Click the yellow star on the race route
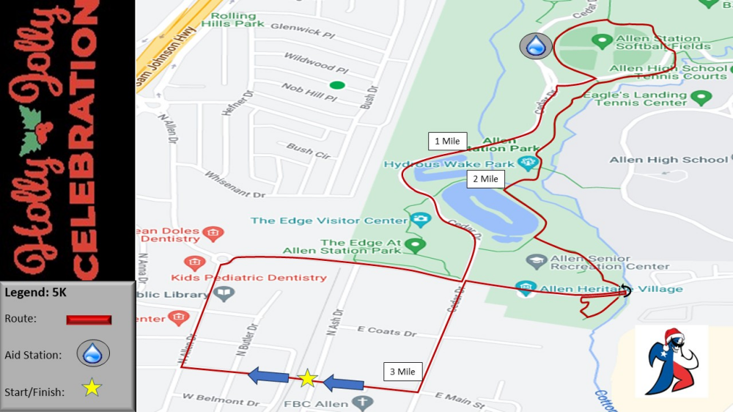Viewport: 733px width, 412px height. pyautogui.click(x=308, y=378)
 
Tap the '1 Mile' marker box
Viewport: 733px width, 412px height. pyautogui.click(x=447, y=141)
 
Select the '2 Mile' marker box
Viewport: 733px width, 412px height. pyautogui.click(x=485, y=179)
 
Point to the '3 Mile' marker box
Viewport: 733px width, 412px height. pyautogui.click(x=402, y=372)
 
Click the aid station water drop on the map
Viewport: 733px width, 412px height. pyautogui.click(x=537, y=46)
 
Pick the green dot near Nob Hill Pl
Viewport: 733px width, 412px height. pyautogui.click(x=336, y=85)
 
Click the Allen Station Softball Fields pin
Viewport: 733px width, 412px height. pyautogui.click(x=602, y=40)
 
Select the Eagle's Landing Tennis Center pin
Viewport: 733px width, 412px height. pyautogui.click(x=701, y=97)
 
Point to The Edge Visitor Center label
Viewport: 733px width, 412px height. pyautogui.click(x=329, y=220)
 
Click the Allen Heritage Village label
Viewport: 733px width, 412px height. pyautogui.click(x=611, y=289)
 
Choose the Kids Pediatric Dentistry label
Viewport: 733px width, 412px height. pyautogui.click(x=248, y=278)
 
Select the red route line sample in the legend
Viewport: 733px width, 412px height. pyautogui.click(x=89, y=320)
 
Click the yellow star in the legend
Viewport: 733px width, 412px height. pyautogui.click(x=92, y=388)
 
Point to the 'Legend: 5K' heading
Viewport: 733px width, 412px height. pyautogui.click(x=36, y=293)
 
